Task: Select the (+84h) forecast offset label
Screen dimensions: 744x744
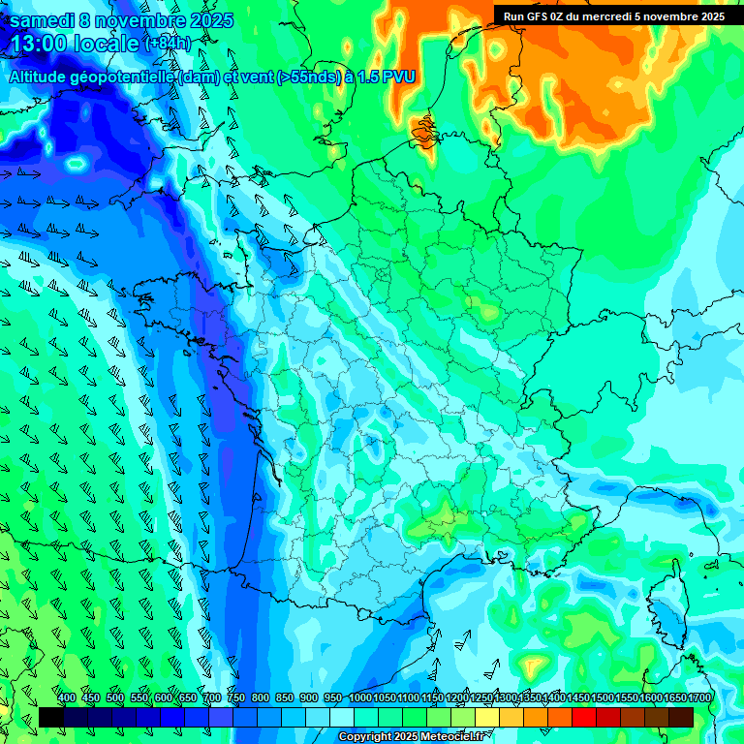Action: coord(168,44)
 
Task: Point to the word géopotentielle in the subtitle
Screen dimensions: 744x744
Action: coord(125,77)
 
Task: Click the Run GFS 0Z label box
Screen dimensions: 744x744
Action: coord(613,15)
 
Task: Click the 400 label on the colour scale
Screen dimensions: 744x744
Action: coord(67,698)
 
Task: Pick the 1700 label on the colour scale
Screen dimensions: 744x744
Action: coord(699,698)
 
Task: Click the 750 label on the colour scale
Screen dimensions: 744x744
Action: coord(236,698)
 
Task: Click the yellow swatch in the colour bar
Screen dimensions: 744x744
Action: coord(511,717)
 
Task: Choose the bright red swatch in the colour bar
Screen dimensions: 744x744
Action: coord(584,717)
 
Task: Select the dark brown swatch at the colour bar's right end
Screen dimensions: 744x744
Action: coord(681,717)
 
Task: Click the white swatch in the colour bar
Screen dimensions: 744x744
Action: coord(342,717)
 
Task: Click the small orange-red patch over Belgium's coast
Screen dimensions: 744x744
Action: coord(423,130)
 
